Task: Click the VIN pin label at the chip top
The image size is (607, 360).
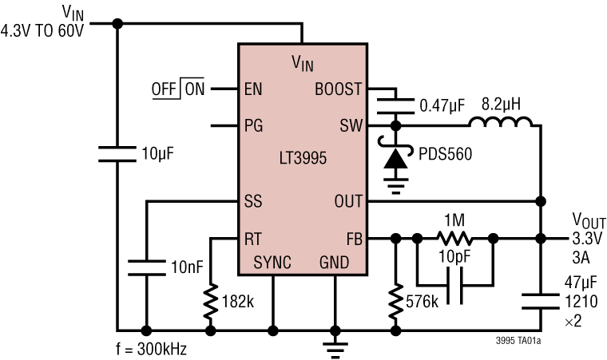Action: pyautogui.click(x=303, y=64)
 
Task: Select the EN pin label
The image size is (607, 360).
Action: pyautogui.click(x=253, y=89)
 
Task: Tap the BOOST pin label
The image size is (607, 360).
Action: pyautogui.click(x=338, y=89)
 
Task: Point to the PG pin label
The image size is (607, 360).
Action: pyautogui.click(x=253, y=126)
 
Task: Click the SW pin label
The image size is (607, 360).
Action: pyautogui.click(x=351, y=126)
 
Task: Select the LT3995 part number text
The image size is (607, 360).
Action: pyautogui.click(x=303, y=158)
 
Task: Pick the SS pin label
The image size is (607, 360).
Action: pyautogui.click(x=253, y=202)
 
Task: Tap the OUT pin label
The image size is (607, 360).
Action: pyautogui.click(x=348, y=202)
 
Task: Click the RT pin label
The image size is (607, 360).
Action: pyautogui.click(x=253, y=239)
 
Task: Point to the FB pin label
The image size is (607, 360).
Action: pyautogui.click(x=354, y=239)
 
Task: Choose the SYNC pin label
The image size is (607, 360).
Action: pyautogui.click(x=272, y=263)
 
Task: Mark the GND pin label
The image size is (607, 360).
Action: pyautogui.click(x=334, y=263)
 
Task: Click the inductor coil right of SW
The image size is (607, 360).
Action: pyautogui.click(x=501, y=125)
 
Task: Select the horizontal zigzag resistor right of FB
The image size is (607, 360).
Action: pyautogui.click(x=455, y=238)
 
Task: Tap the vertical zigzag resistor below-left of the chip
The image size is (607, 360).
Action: pyautogui.click(x=211, y=302)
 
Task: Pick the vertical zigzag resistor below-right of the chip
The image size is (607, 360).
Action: pyautogui.click(x=395, y=302)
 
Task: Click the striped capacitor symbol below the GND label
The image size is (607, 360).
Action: pyautogui.click(x=335, y=350)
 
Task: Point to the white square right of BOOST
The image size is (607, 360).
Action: pyautogui.click(x=396, y=106)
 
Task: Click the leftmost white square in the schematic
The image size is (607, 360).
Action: pyautogui.click(x=117, y=154)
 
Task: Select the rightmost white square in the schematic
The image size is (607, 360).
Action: pyautogui.click(x=541, y=301)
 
